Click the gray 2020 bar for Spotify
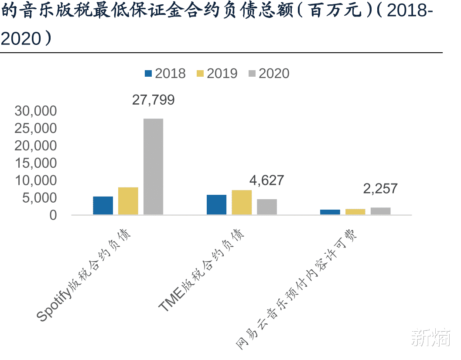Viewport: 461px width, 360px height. pos(154,166)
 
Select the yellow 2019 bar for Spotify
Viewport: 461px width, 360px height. pos(128,201)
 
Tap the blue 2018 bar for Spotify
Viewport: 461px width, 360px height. pos(103,205)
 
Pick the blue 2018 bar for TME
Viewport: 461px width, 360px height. pos(216,204)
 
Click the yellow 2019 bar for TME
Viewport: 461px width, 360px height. pos(242,202)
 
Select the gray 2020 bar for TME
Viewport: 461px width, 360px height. pos(267,207)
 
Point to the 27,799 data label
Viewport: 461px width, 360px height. pos(154,100)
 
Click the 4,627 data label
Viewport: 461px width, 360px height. pos(266,180)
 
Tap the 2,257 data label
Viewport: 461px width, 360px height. pos(380,189)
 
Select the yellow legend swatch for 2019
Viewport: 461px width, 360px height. pos(200,74)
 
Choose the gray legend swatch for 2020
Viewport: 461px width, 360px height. pos(252,74)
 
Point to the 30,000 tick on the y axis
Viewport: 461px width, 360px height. pos(36,111)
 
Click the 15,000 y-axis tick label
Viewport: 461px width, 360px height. pos(36,163)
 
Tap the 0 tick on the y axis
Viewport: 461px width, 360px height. pos(53,215)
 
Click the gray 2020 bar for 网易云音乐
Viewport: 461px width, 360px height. pos(380,211)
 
